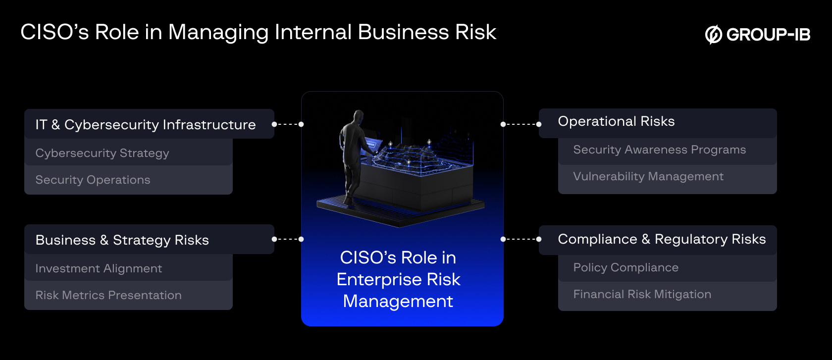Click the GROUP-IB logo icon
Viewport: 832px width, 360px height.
click(714, 35)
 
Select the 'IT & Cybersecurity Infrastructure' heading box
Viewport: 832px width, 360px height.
click(149, 124)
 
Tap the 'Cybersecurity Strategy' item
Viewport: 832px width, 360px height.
click(103, 153)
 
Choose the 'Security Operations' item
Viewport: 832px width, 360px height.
click(93, 180)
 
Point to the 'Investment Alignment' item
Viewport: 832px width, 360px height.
click(99, 268)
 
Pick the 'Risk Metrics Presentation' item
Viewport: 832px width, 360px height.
click(108, 295)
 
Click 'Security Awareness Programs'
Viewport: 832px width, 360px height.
click(659, 150)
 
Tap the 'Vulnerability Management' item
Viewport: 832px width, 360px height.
click(648, 176)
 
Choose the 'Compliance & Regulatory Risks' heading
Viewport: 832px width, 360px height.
click(662, 239)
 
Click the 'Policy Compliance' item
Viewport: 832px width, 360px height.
click(626, 267)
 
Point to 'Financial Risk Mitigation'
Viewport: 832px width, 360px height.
click(642, 294)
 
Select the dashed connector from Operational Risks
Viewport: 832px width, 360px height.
click(521, 124)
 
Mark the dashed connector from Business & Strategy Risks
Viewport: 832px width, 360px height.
click(288, 239)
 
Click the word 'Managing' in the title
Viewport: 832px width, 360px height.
click(218, 33)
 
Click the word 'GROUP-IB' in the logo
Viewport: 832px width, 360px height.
click(768, 35)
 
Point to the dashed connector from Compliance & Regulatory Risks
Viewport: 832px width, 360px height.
click(521, 239)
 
